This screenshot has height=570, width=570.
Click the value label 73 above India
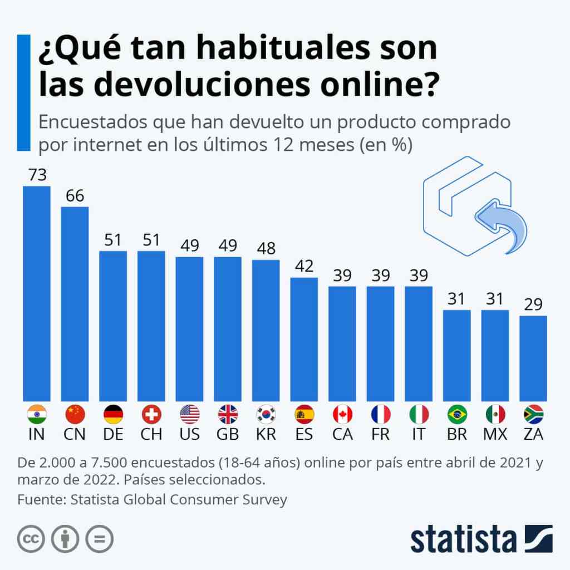(37, 175)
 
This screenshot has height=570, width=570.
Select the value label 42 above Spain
(304, 267)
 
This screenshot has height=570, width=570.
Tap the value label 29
(533, 304)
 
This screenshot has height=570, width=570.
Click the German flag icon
(113, 414)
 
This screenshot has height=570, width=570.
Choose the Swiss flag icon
(151, 414)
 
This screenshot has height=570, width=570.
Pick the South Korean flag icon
(266, 414)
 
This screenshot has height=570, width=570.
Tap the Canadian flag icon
(342, 414)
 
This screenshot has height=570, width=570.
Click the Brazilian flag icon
(457, 414)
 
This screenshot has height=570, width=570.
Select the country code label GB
(228, 434)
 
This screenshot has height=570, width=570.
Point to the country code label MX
(495, 434)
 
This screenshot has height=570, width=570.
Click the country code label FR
(380, 434)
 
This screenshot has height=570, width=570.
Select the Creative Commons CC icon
(31, 539)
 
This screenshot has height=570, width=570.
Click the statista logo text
(464, 539)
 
